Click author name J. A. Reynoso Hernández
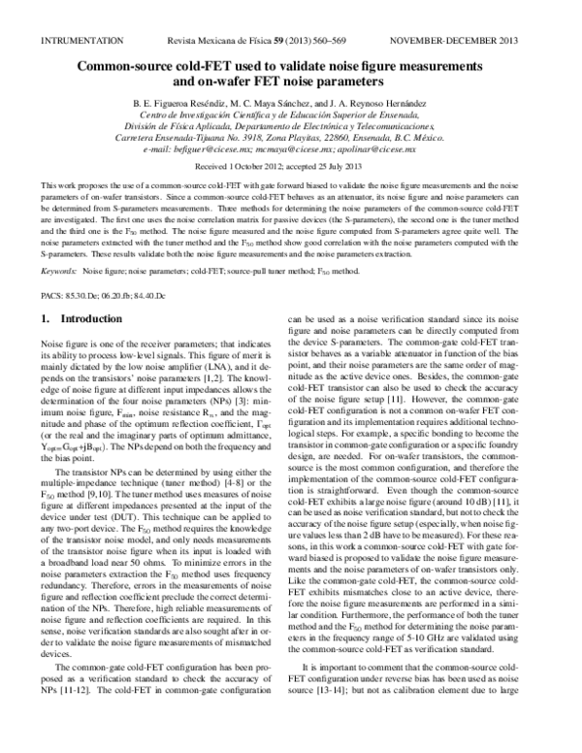[x=395, y=102]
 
